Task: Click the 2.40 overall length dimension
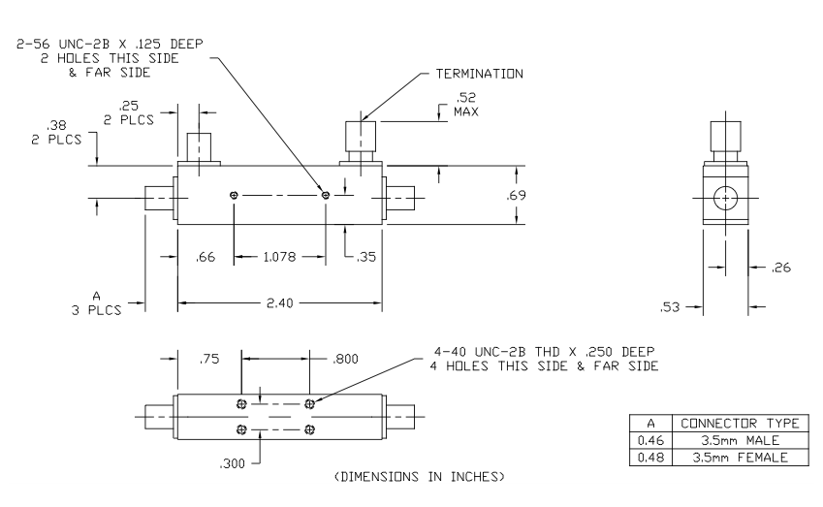point(279,303)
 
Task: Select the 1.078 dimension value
point(279,257)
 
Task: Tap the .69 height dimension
point(517,197)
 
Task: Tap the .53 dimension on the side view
point(671,307)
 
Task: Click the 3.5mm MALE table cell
point(740,440)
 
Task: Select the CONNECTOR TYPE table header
point(740,423)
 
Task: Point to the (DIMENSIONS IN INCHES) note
point(418,476)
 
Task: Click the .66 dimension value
point(205,257)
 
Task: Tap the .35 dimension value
point(367,257)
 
